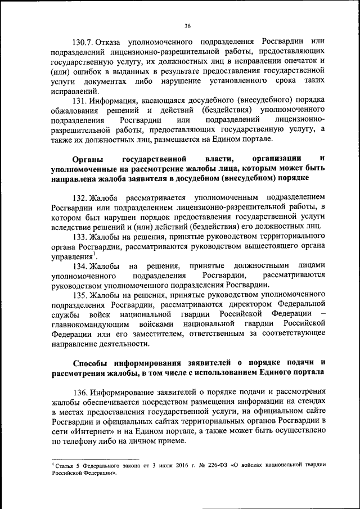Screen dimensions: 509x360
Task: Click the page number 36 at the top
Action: pyautogui.click(x=187, y=25)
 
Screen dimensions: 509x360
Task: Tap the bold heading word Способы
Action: pyautogui.click(x=92, y=362)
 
